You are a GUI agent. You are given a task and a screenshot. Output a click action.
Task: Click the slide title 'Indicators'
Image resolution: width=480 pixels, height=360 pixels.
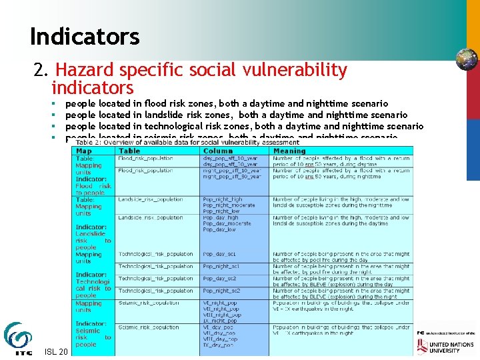(85, 36)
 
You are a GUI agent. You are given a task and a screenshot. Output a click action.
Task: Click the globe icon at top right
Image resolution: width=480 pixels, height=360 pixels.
(466, 60)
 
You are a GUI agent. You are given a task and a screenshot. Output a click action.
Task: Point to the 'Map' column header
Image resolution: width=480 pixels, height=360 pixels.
(84, 151)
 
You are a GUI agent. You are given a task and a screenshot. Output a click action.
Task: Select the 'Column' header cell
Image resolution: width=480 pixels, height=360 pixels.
(218, 151)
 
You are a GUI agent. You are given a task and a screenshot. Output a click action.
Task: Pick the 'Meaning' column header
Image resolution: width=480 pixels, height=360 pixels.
(289, 151)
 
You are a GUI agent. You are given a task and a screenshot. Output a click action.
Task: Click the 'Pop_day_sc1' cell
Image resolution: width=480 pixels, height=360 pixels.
(219, 254)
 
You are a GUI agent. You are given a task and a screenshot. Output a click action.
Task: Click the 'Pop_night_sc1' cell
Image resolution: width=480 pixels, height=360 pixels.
(221, 266)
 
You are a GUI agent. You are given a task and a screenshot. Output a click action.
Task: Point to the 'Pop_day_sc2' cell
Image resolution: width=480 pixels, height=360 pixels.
(219, 279)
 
